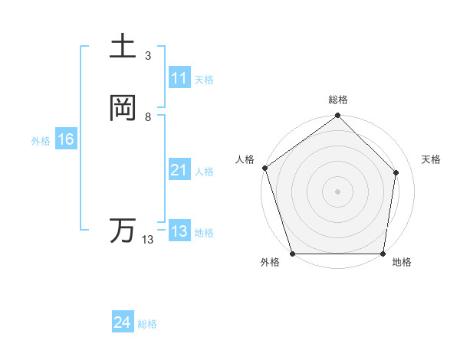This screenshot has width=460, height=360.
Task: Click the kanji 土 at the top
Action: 123,46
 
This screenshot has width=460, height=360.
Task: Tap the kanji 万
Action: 123,231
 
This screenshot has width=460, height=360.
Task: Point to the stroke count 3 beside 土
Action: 148,55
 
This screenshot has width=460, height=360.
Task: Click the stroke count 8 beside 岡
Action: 148,116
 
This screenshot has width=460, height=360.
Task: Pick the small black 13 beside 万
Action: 148,240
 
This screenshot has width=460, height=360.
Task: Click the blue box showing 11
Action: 179,79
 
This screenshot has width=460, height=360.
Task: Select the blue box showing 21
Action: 179,171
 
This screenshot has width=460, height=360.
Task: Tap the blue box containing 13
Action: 179,231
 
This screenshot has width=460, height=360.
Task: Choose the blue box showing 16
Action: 65,140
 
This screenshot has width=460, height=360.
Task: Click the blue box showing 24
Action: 122,323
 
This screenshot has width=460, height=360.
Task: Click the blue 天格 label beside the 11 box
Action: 204,80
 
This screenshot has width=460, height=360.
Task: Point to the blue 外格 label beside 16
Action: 41,141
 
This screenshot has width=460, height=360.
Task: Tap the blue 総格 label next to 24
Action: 147,324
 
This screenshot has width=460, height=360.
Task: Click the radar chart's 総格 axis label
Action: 338,100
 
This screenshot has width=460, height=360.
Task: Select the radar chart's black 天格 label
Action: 432,159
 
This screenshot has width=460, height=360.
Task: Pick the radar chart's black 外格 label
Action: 270,263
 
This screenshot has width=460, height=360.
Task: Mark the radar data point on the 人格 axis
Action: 264,169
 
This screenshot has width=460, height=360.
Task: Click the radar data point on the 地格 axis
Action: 383,254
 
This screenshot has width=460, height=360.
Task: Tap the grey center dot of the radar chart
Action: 337,191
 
